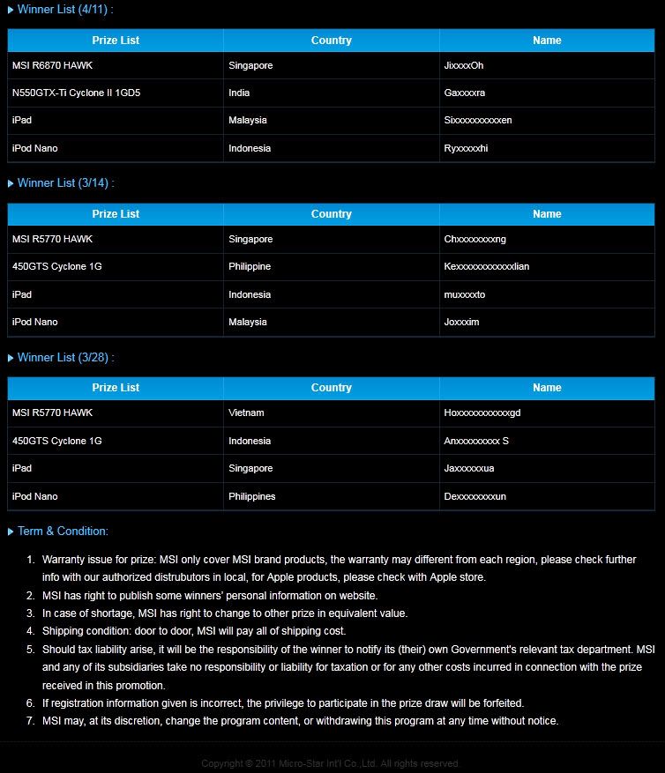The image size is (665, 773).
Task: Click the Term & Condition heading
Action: (63, 531)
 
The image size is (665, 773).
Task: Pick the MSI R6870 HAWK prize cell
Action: (52, 65)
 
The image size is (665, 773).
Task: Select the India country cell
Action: (239, 93)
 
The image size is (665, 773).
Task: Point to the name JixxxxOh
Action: (464, 65)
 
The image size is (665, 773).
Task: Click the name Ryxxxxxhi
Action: (466, 148)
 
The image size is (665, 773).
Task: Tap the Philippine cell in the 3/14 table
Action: (250, 266)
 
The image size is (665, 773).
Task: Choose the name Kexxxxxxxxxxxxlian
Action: (487, 266)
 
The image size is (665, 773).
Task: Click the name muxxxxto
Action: (465, 294)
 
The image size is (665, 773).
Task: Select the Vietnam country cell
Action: (246, 413)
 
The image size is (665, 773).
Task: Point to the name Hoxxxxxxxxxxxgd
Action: (482, 413)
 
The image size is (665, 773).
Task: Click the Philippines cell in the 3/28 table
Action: (252, 496)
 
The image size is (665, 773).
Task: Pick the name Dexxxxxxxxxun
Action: (475, 496)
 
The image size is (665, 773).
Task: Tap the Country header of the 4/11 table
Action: (332, 41)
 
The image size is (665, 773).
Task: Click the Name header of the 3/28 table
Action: (547, 388)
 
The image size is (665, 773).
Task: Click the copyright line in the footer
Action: (331, 763)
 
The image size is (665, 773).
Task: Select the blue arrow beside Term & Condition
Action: (11, 531)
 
